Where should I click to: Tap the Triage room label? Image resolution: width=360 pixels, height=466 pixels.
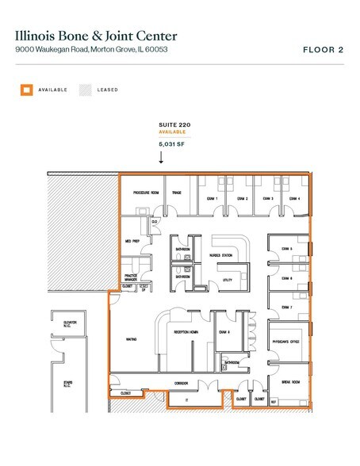click(178, 193)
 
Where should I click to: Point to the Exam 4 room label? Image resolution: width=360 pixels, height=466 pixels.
click(293, 198)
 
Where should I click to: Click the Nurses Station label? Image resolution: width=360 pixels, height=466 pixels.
click(220, 254)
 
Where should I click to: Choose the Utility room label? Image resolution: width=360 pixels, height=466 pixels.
click(227, 280)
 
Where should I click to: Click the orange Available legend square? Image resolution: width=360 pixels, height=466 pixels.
click(26, 90)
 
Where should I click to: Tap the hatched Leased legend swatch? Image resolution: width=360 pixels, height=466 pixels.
click(83, 90)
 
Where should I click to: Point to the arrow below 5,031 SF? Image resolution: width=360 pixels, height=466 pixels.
click(162, 157)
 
